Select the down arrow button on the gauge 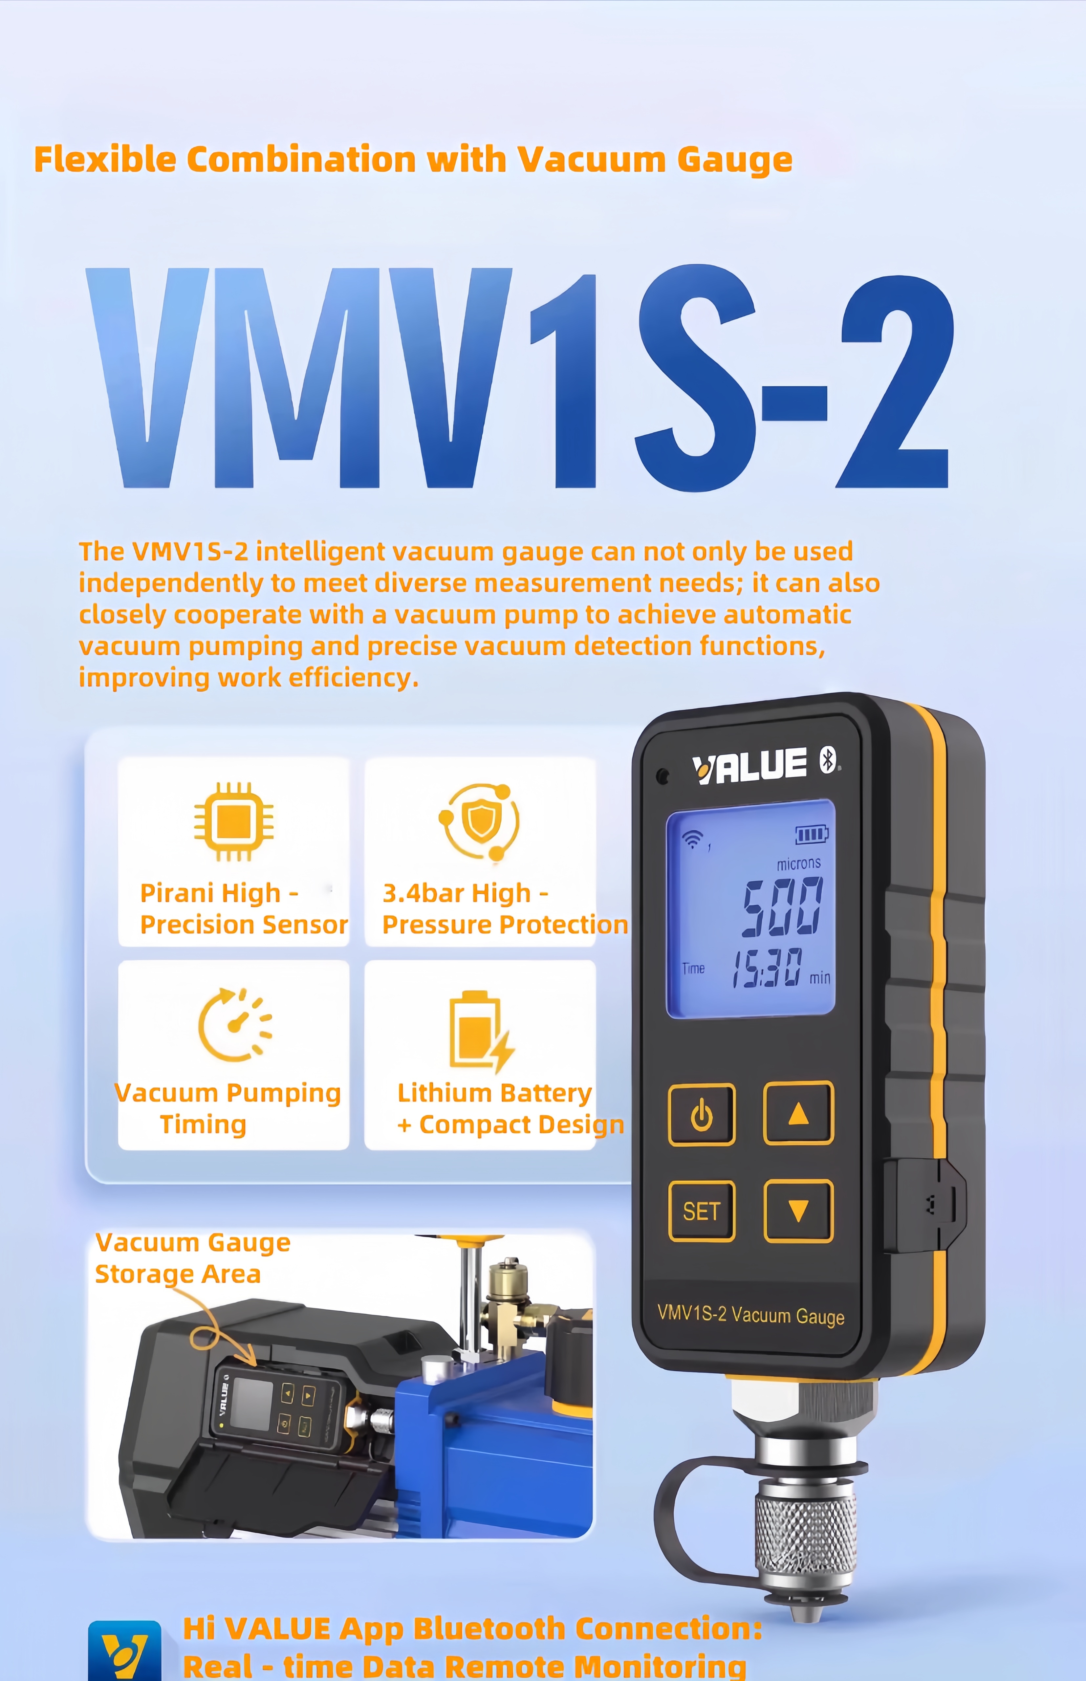(x=798, y=1211)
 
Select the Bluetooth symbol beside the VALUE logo (x=828, y=759)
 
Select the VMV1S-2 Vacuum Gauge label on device (x=750, y=1315)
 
